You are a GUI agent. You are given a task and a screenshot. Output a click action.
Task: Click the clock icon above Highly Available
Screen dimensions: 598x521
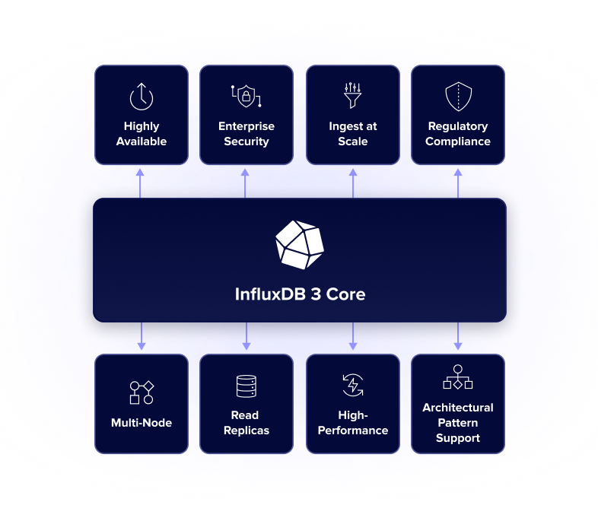click(142, 97)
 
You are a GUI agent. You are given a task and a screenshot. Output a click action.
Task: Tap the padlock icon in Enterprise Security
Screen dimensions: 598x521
click(246, 97)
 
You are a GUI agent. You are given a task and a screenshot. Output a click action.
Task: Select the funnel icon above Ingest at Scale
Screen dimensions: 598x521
click(352, 96)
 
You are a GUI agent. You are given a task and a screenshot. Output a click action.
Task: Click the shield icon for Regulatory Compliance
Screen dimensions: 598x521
click(458, 97)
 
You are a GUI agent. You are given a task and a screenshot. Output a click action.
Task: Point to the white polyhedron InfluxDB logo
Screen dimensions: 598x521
click(299, 245)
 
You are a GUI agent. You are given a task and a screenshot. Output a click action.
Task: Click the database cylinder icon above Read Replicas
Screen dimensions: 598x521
click(247, 386)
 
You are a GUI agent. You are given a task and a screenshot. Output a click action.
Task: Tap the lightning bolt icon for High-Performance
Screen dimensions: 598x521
click(352, 386)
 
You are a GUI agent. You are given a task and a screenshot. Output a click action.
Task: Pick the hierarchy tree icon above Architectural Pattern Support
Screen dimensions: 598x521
click(458, 378)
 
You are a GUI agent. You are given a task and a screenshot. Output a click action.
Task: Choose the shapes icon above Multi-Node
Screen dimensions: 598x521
click(142, 392)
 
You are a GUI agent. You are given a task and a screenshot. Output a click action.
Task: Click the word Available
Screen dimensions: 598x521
click(142, 141)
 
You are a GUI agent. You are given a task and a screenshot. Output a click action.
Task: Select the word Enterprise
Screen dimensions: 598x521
click(247, 126)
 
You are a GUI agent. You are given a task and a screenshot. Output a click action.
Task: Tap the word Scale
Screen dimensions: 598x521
click(353, 141)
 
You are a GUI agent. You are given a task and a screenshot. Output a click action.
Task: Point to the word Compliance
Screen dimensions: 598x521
click(458, 141)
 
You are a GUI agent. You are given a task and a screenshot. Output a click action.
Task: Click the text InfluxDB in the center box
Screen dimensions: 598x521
click(270, 294)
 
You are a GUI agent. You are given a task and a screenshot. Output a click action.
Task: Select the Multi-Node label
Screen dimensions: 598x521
click(142, 423)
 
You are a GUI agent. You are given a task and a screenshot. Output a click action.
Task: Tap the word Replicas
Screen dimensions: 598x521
click(247, 430)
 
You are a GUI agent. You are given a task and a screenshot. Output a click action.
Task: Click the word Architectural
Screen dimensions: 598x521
click(458, 408)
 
